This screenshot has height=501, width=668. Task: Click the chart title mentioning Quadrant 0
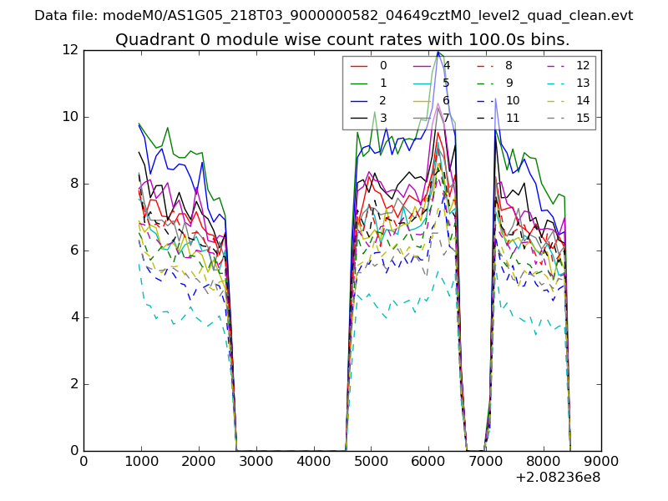[342, 40]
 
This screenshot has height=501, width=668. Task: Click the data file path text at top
[334, 16]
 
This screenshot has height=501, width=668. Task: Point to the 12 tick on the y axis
[70, 50]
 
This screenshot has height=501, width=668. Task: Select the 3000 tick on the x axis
[256, 460]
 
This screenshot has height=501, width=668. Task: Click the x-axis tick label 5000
[372, 460]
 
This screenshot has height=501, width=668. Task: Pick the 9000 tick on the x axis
[601, 460]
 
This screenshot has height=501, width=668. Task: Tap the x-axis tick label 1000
[141, 460]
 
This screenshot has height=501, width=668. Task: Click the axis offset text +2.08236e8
[558, 478]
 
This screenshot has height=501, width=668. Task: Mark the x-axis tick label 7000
[486, 460]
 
